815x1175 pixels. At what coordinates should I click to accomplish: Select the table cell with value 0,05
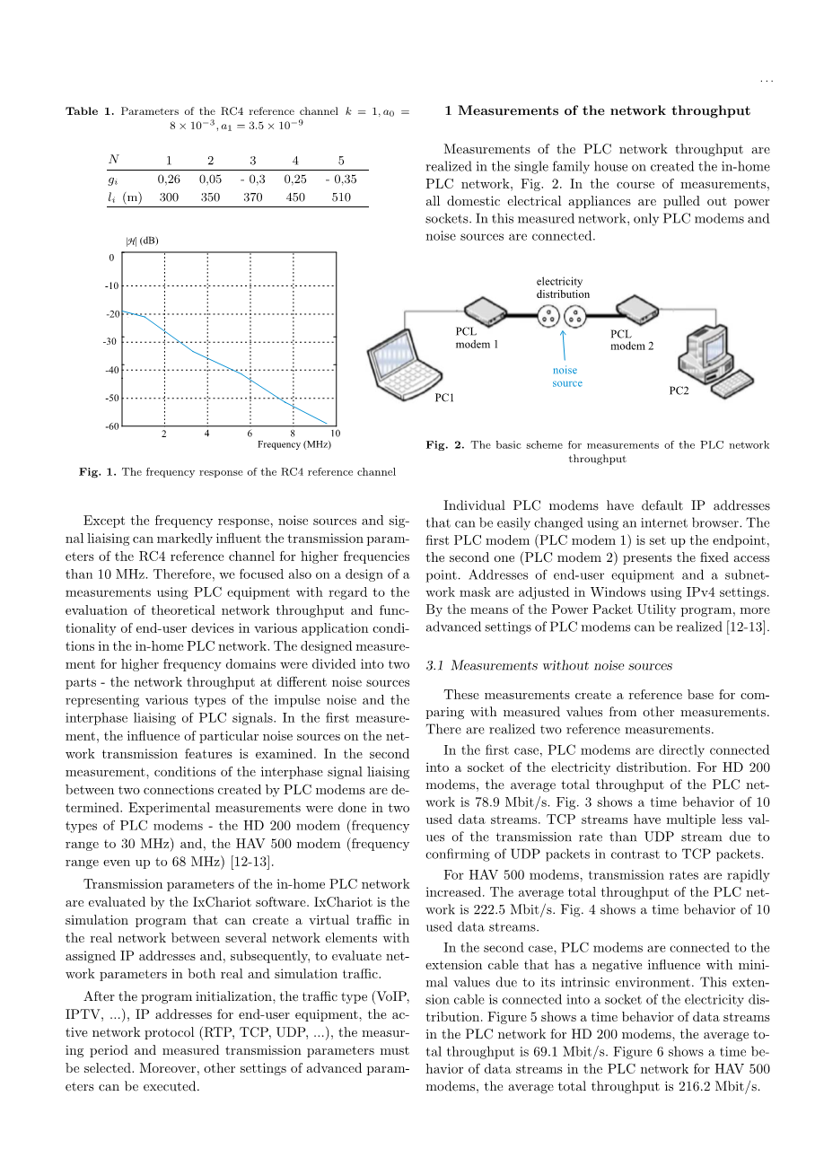click(x=210, y=180)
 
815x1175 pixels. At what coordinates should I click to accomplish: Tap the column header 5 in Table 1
click(x=341, y=162)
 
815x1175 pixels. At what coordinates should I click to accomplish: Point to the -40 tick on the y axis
click(x=111, y=370)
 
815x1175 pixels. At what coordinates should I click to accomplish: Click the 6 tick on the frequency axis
click(x=250, y=434)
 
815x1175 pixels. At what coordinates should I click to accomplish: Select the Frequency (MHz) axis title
click(x=294, y=444)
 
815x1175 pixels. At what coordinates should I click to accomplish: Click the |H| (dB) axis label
click(x=142, y=240)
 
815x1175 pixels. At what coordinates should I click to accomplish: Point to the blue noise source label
click(x=566, y=377)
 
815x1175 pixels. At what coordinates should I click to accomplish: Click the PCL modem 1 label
click(x=472, y=338)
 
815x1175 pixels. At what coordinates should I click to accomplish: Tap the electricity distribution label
click(x=563, y=287)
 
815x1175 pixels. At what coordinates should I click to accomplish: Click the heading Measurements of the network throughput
click(x=597, y=111)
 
